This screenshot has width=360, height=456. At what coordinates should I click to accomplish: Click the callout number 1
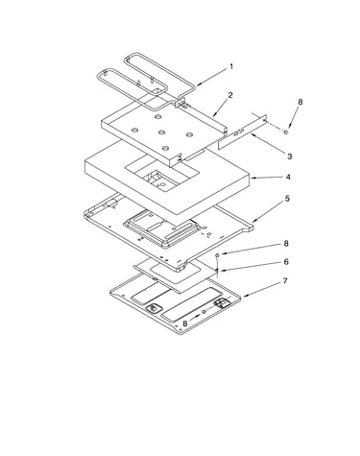click(x=231, y=66)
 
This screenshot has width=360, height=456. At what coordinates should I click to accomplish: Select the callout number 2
click(x=230, y=95)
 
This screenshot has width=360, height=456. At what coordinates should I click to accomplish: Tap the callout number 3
click(x=289, y=156)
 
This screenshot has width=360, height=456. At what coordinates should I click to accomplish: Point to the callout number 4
click(x=288, y=177)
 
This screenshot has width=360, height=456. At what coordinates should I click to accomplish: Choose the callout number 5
click(x=287, y=199)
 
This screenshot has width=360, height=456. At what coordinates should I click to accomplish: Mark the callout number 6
click(x=286, y=261)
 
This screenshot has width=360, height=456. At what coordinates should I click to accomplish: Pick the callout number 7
click(x=285, y=280)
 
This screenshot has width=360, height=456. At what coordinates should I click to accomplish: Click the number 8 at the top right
click(x=300, y=102)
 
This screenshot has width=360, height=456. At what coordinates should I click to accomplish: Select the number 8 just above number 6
click(x=286, y=243)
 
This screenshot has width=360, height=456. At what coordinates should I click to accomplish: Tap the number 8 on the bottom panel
click(x=185, y=324)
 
